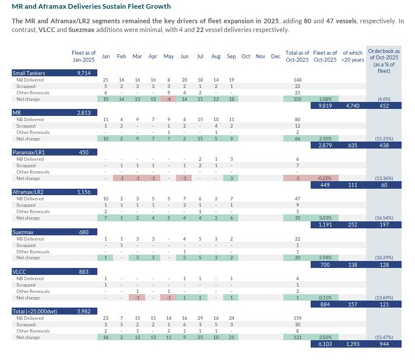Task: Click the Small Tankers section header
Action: click(x=29, y=73)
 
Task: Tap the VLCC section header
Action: click(x=20, y=271)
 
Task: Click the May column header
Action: click(x=168, y=57)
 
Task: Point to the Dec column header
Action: click(x=276, y=57)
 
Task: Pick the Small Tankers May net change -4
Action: click(x=168, y=99)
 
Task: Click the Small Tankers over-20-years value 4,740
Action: click(x=352, y=106)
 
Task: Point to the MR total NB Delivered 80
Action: click(x=297, y=119)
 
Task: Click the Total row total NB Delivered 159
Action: click(x=297, y=317)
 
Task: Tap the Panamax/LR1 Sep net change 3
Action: click(x=231, y=178)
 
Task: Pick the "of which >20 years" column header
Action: click(x=352, y=57)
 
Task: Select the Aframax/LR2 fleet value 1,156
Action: click(x=83, y=192)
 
